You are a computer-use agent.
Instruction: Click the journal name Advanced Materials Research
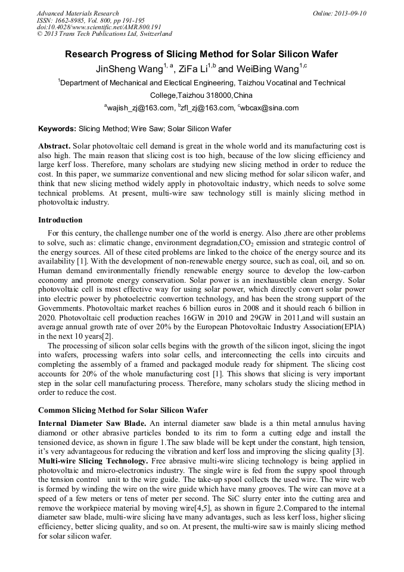pyautogui.click(x=77, y=13)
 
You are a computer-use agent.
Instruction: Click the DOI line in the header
pyautogui.click(x=99, y=27)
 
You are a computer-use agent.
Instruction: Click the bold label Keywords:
pyautogui.click(x=57, y=128)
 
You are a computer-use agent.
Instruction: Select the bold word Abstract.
pyautogui.click(x=55, y=146)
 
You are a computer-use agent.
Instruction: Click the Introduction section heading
pyautogui.click(x=60, y=220)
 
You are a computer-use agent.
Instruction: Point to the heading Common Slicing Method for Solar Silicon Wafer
pyautogui.click(x=123, y=410)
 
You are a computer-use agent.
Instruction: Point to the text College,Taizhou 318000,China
pyautogui.click(x=201, y=95)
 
